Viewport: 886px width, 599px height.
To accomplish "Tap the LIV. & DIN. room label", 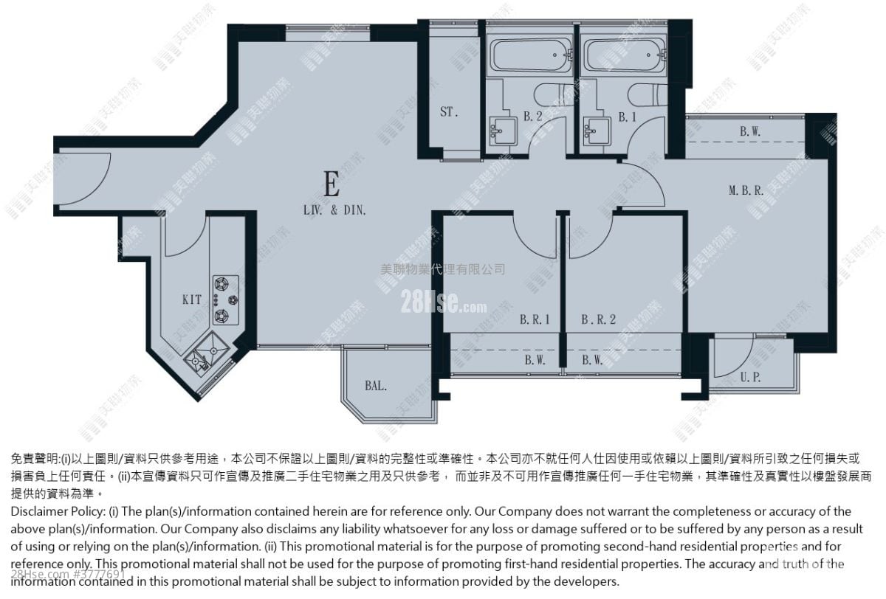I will [x=334, y=210].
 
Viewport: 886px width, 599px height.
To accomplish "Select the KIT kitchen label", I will [x=192, y=300].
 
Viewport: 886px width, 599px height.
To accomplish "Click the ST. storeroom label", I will [x=449, y=113].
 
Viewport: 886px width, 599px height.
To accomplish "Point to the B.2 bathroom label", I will [x=533, y=117].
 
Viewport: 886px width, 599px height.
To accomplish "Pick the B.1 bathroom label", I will [x=627, y=117].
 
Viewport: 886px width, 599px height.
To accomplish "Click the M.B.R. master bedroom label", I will [x=746, y=190].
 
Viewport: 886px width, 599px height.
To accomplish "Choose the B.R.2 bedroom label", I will [x=598, y=320].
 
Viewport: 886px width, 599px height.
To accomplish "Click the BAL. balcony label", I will [x=376, y=384].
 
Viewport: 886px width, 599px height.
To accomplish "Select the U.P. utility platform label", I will [x=749, y=377].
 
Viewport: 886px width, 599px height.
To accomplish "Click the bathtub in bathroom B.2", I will [x=531, y=55].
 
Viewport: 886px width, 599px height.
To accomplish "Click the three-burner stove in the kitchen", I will [x=225, y=299].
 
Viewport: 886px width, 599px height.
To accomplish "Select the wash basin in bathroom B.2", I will [x=503, y=131].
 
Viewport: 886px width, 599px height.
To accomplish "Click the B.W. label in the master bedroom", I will [x=750, y=132].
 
